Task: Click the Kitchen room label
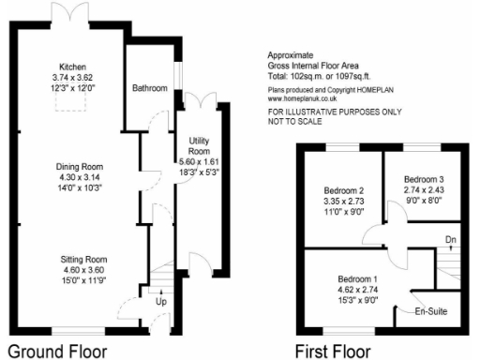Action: tap(72, 67)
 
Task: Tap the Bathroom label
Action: tap(149, 88)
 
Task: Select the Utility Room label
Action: tap(198, 145)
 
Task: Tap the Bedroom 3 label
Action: tap(424, 178)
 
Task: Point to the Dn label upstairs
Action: tap(450, 239)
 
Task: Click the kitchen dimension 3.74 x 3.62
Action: tap(72, 78)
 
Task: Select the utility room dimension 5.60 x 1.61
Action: tap(198, 161)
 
